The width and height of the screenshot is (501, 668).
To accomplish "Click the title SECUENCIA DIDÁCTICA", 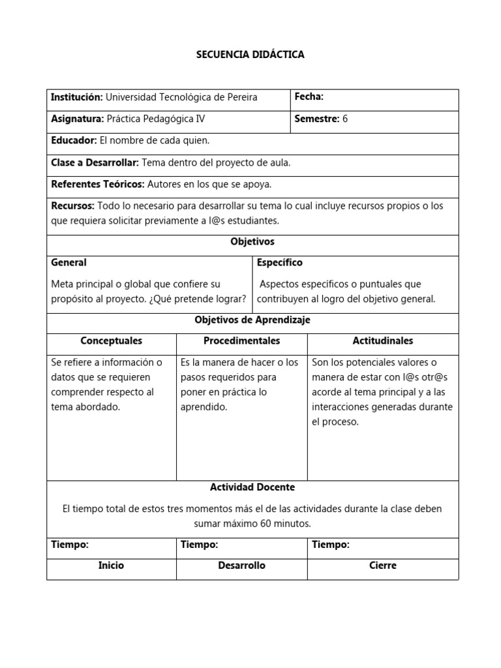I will [250, 55].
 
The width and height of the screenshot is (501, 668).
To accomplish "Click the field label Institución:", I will [76, 97].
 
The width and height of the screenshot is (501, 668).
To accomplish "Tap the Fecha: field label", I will [309, 97].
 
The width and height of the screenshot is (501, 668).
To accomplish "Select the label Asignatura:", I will [77, 119].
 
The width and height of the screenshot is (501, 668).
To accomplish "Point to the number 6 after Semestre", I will [345, 119].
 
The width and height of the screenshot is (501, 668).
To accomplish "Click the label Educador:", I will [74, 140].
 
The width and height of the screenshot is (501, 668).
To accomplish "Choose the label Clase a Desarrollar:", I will [95, 162].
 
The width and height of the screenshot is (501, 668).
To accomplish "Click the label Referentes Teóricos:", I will [97, 185].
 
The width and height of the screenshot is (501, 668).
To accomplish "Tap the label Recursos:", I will [72, 206].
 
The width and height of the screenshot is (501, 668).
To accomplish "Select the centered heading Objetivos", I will [252, 241].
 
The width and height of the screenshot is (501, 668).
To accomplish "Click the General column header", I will [68, 262].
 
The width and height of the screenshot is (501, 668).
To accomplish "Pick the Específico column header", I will [279, 262].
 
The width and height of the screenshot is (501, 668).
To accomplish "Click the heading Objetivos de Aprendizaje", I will [252, 320].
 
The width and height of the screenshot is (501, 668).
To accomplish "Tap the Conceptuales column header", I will [111, 341].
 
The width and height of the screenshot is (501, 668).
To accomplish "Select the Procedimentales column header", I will [241, 341].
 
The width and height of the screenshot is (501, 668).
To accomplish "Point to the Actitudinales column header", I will [382, 341].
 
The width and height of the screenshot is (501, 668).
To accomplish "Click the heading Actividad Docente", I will [252, 487].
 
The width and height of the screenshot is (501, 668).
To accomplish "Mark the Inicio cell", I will [111, 566].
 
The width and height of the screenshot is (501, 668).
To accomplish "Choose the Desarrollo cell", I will [241, 566].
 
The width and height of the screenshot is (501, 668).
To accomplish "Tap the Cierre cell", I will [382, 566].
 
